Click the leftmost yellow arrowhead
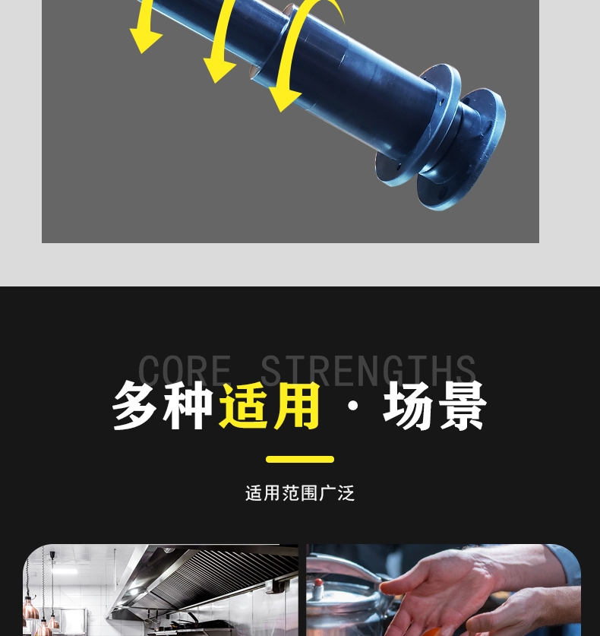tap(145, 40)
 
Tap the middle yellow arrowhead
tap(219, 70)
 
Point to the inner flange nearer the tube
tap(418, 125)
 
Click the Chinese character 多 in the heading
tap(134, 406)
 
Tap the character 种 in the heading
tap(188, 406)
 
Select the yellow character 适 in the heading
tap(245, 406)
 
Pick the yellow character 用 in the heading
tap(297, 406)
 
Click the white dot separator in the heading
tap(353, 406)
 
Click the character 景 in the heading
tap(463, 406)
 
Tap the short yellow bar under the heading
tap(300, 459)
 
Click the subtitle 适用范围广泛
tap(300, 493)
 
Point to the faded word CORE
tap(185, 370)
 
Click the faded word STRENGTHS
tap(368, 370)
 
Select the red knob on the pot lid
tap(319, 583)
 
